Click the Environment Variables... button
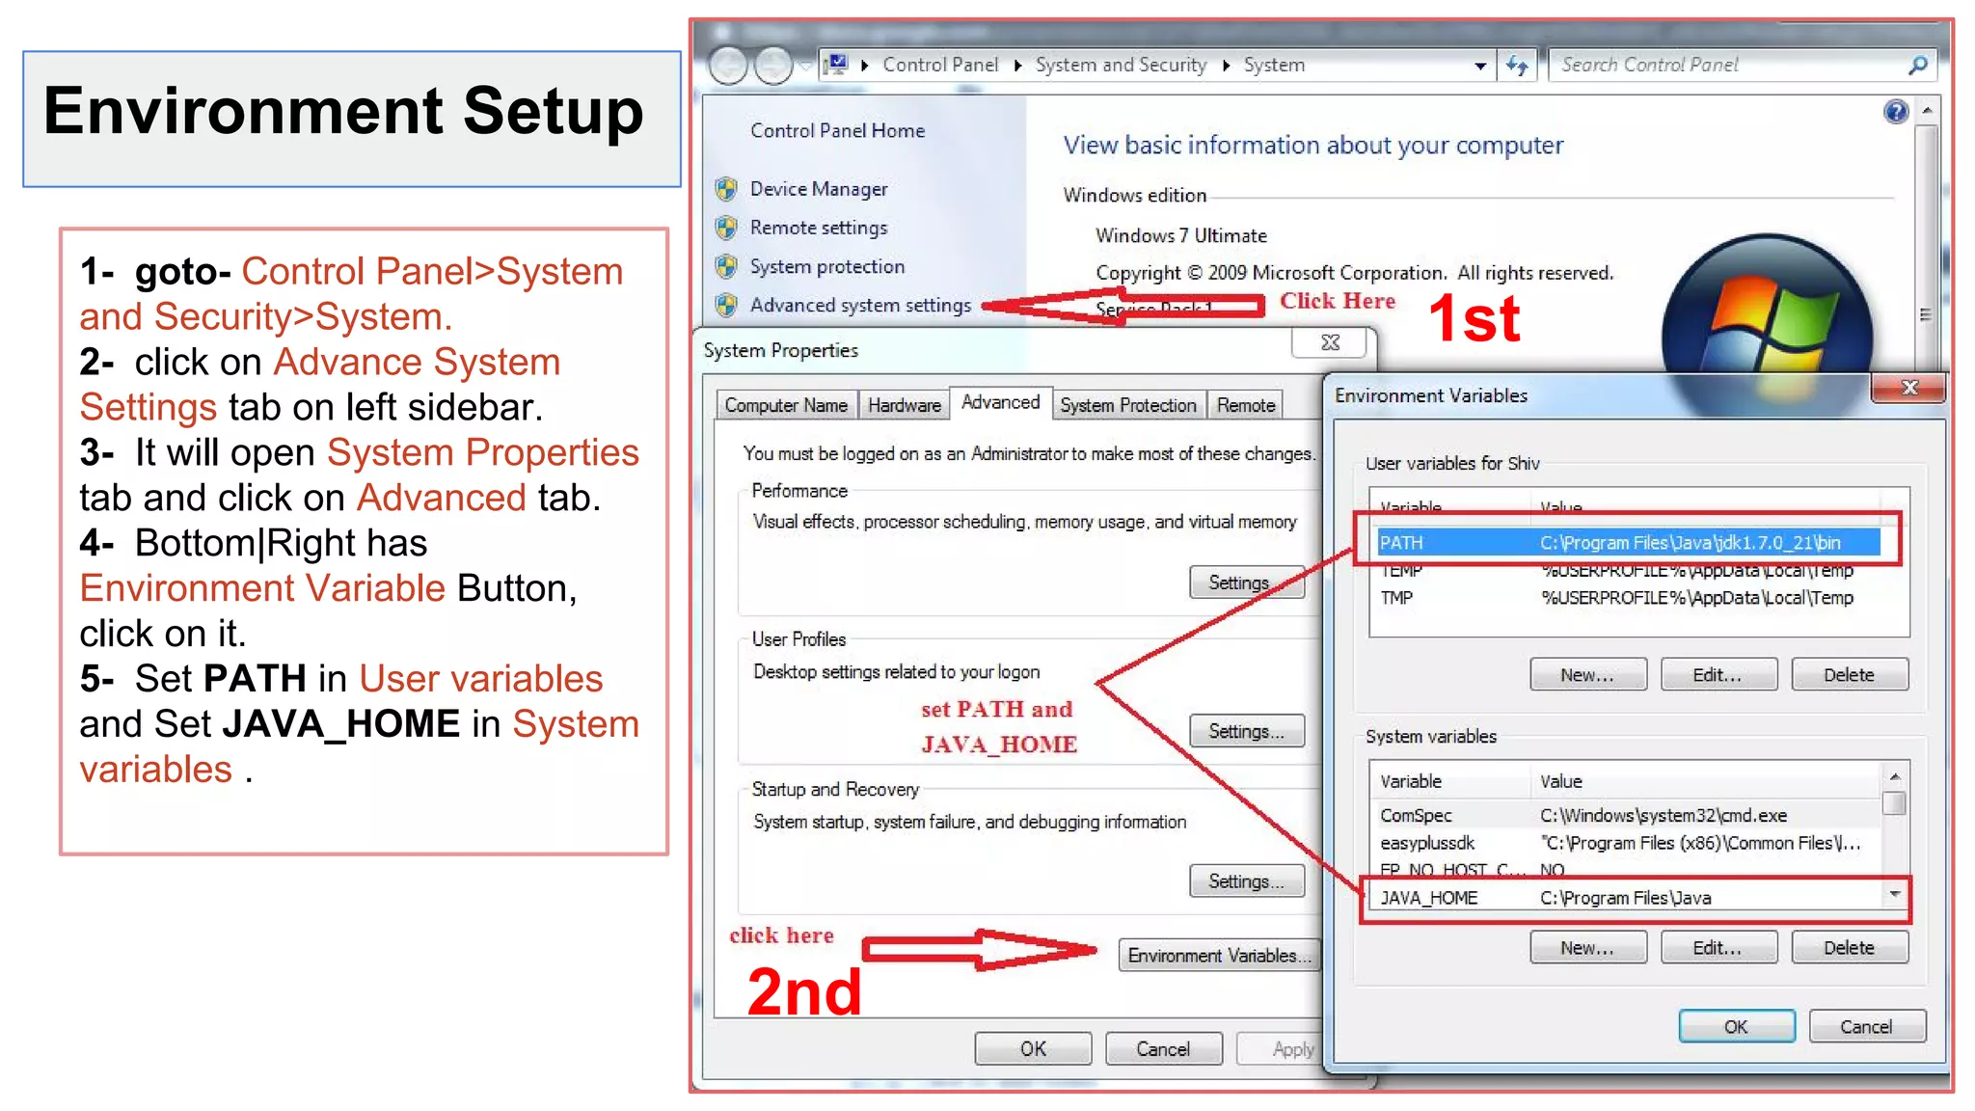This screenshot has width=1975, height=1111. [1219, 955]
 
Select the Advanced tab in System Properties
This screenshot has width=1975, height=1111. [1000, 403]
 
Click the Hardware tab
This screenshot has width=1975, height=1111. [904, 406]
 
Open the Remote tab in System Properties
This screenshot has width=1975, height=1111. [1245, 406]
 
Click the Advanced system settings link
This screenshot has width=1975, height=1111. [860, 306]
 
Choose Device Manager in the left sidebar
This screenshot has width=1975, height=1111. [819, 189]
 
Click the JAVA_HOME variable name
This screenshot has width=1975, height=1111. [1428, 898]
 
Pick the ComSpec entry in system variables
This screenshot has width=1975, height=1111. [1416, 816]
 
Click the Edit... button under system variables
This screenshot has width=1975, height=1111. [1718, 948]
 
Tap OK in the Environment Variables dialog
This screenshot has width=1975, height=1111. [1736, 1027]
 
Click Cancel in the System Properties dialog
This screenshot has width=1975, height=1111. [1163, 1049]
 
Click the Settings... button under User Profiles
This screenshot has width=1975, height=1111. [1246, 731]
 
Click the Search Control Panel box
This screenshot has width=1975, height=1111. [1726, 65]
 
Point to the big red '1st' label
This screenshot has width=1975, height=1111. [1474, 318]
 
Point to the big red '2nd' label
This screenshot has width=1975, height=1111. [804, 991]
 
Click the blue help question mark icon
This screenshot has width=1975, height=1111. [1895, 112]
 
